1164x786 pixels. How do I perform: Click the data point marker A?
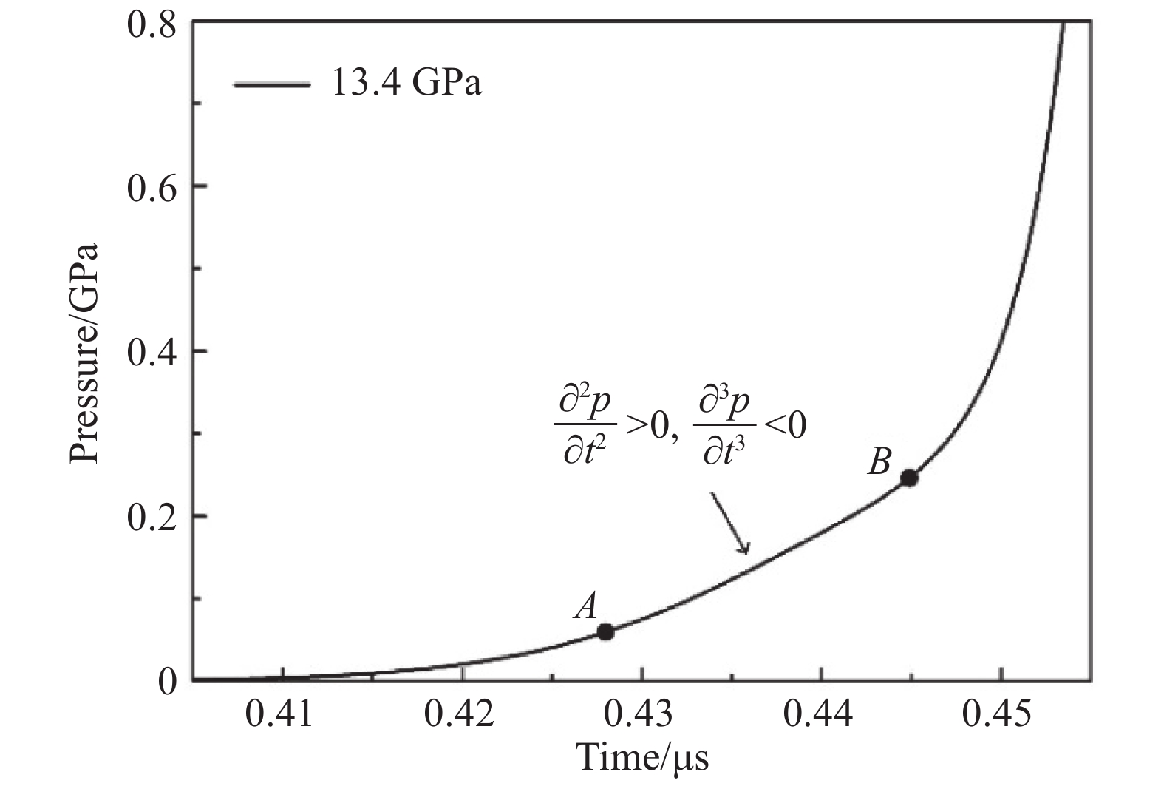(606, 632)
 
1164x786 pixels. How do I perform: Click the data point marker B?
(909, 478)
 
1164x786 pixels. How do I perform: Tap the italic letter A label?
(586, 607)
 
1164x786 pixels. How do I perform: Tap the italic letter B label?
(879, 464)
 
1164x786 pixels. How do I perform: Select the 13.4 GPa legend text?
(406, 84)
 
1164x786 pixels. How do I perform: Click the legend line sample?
(271, 85)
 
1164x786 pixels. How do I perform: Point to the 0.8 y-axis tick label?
(151, 24)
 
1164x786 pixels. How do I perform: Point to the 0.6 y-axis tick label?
(151, 187)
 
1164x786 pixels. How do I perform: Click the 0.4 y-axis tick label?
(151, 352)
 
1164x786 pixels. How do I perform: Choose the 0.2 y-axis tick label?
(151, 516)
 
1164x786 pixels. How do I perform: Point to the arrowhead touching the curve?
(745, 549)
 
